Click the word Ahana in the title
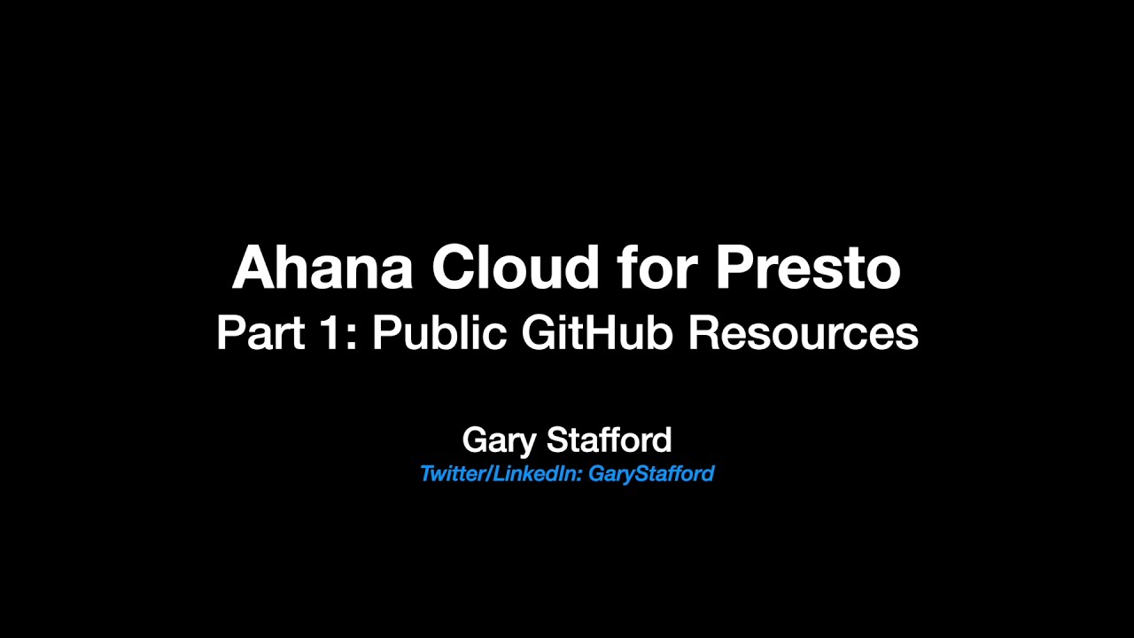click(x=322, y=268)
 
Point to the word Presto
click(x=808, y=268)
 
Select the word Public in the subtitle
click(x=439, y=333)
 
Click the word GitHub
click(x=597, y=333)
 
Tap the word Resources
click(x=803, y=333)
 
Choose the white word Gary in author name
click(x=499, y=440)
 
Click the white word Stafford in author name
click(x=609, y=440)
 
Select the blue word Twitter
click(x=452, y=474)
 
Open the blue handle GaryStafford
click(x=651, y=474)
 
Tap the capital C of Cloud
click(x=454, y=268)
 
